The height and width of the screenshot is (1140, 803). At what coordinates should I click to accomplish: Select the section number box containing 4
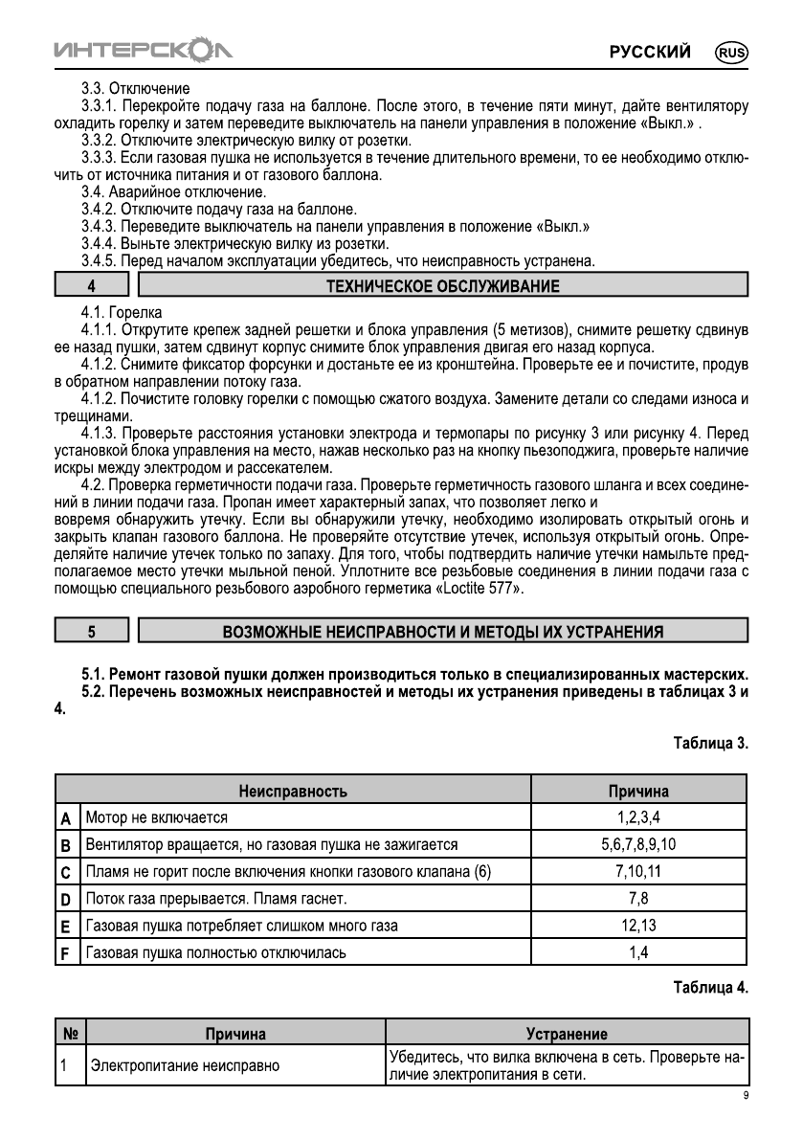(91, 285)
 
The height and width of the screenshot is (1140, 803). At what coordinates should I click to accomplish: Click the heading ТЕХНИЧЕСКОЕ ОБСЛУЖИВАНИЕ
(442, 285)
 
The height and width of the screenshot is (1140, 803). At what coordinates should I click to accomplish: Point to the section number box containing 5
(91, 631)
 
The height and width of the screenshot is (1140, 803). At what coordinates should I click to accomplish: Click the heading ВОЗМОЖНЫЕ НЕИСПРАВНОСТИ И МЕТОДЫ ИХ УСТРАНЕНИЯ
(442, 631)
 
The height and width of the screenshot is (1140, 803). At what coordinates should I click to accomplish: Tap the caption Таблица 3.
(710, 743)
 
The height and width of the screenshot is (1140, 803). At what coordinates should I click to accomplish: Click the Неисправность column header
(293, 792)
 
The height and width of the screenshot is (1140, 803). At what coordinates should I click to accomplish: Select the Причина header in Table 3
(638, 792)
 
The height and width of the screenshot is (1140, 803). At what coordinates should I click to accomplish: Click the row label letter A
(66, 818)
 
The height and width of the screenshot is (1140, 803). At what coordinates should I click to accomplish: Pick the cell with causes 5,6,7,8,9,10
(638, 845)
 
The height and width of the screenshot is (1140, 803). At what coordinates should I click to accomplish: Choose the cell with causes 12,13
(638, 926)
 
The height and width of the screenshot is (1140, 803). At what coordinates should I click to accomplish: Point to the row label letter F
(66, 952)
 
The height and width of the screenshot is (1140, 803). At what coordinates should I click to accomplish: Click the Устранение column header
(567, 1034)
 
